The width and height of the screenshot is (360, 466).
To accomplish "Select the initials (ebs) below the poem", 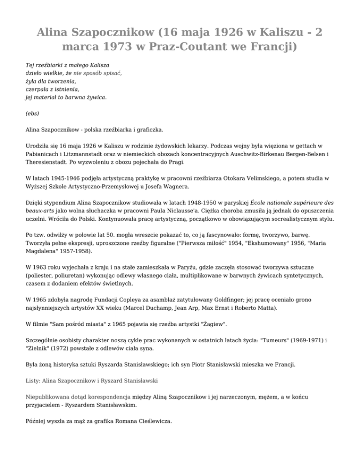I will click(x=32, y=113).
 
